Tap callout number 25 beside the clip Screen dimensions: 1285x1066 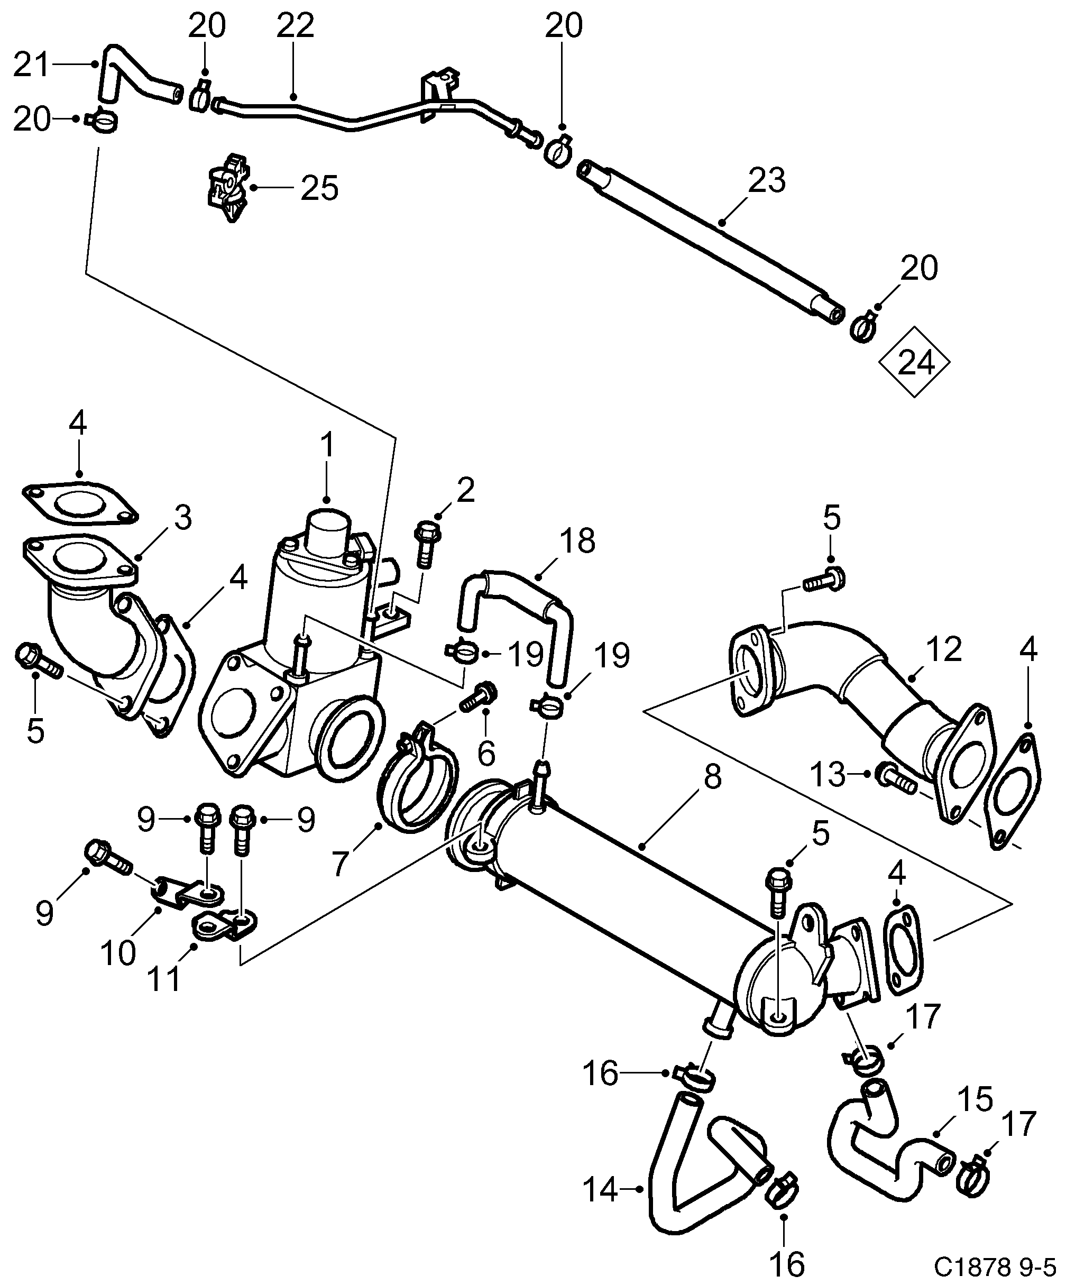[319, 188]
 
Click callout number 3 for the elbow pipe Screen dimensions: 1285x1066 [182, 518]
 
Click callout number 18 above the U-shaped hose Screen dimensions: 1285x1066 [577, 541]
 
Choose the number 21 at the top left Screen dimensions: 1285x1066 [32, 65]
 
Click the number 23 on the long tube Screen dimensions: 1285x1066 [767, 180]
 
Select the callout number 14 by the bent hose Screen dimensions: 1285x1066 [601, 1190]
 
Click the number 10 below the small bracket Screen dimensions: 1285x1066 [118, 953]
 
